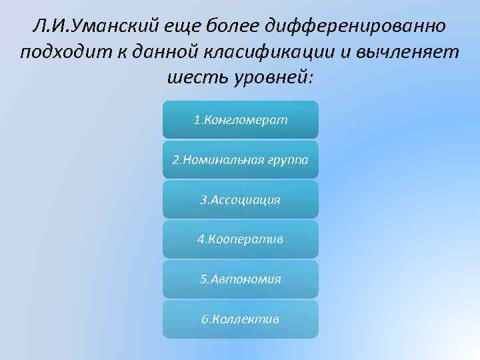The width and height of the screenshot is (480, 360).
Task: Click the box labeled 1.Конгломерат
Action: (x=240, y=120)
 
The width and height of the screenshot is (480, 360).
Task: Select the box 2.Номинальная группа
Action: (x=240, y=160)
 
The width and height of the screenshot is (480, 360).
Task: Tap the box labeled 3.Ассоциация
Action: (x=240, y=200)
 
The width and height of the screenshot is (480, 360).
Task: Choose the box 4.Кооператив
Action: (x=240, y=239)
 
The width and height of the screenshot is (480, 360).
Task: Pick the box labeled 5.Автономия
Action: (x=240, y=279)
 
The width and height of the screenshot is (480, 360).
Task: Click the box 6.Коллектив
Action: (x=240, y=319)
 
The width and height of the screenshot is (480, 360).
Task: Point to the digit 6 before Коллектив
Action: (x=205, y=319)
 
